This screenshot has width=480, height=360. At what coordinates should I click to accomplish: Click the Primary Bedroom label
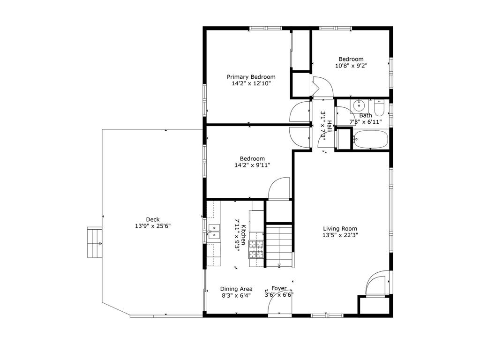251,77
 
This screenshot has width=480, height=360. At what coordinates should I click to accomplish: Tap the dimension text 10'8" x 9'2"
351,66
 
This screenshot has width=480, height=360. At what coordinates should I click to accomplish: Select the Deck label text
152,219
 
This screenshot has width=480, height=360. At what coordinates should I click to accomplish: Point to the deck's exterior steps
94,242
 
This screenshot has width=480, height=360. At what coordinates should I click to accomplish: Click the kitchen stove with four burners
255,249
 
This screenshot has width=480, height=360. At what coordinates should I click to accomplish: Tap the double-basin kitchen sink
214,232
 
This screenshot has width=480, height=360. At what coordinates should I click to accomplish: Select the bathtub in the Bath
370,140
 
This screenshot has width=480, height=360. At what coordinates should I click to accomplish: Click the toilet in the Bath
379,108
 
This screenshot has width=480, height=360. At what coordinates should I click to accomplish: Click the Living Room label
337,229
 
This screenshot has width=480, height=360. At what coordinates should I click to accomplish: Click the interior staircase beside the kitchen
280,246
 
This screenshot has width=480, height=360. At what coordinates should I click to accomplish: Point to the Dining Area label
237,289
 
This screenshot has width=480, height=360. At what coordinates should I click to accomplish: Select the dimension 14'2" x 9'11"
252,165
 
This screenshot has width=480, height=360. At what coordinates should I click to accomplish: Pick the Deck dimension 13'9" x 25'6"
152,226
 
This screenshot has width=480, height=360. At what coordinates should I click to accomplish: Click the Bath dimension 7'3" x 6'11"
366,122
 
